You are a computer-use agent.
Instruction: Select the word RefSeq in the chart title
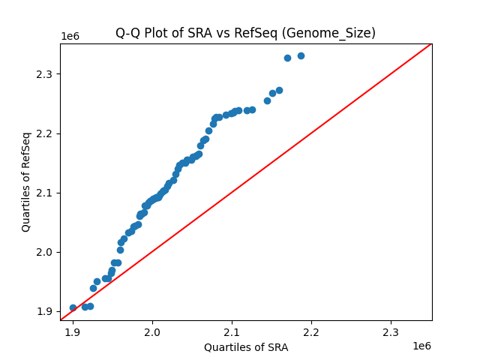270,33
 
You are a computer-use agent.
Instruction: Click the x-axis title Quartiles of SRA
246,347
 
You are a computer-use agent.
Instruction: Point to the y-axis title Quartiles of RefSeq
26,181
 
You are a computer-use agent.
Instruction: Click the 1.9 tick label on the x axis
73,331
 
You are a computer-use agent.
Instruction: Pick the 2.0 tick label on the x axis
152,331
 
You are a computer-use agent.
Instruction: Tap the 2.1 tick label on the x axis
232,331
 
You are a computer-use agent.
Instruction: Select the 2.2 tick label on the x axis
311,331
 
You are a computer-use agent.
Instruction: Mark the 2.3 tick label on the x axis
391,331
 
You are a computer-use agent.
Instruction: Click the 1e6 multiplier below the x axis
421,346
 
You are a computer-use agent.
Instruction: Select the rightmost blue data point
301,55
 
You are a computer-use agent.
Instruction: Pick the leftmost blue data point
73,307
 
